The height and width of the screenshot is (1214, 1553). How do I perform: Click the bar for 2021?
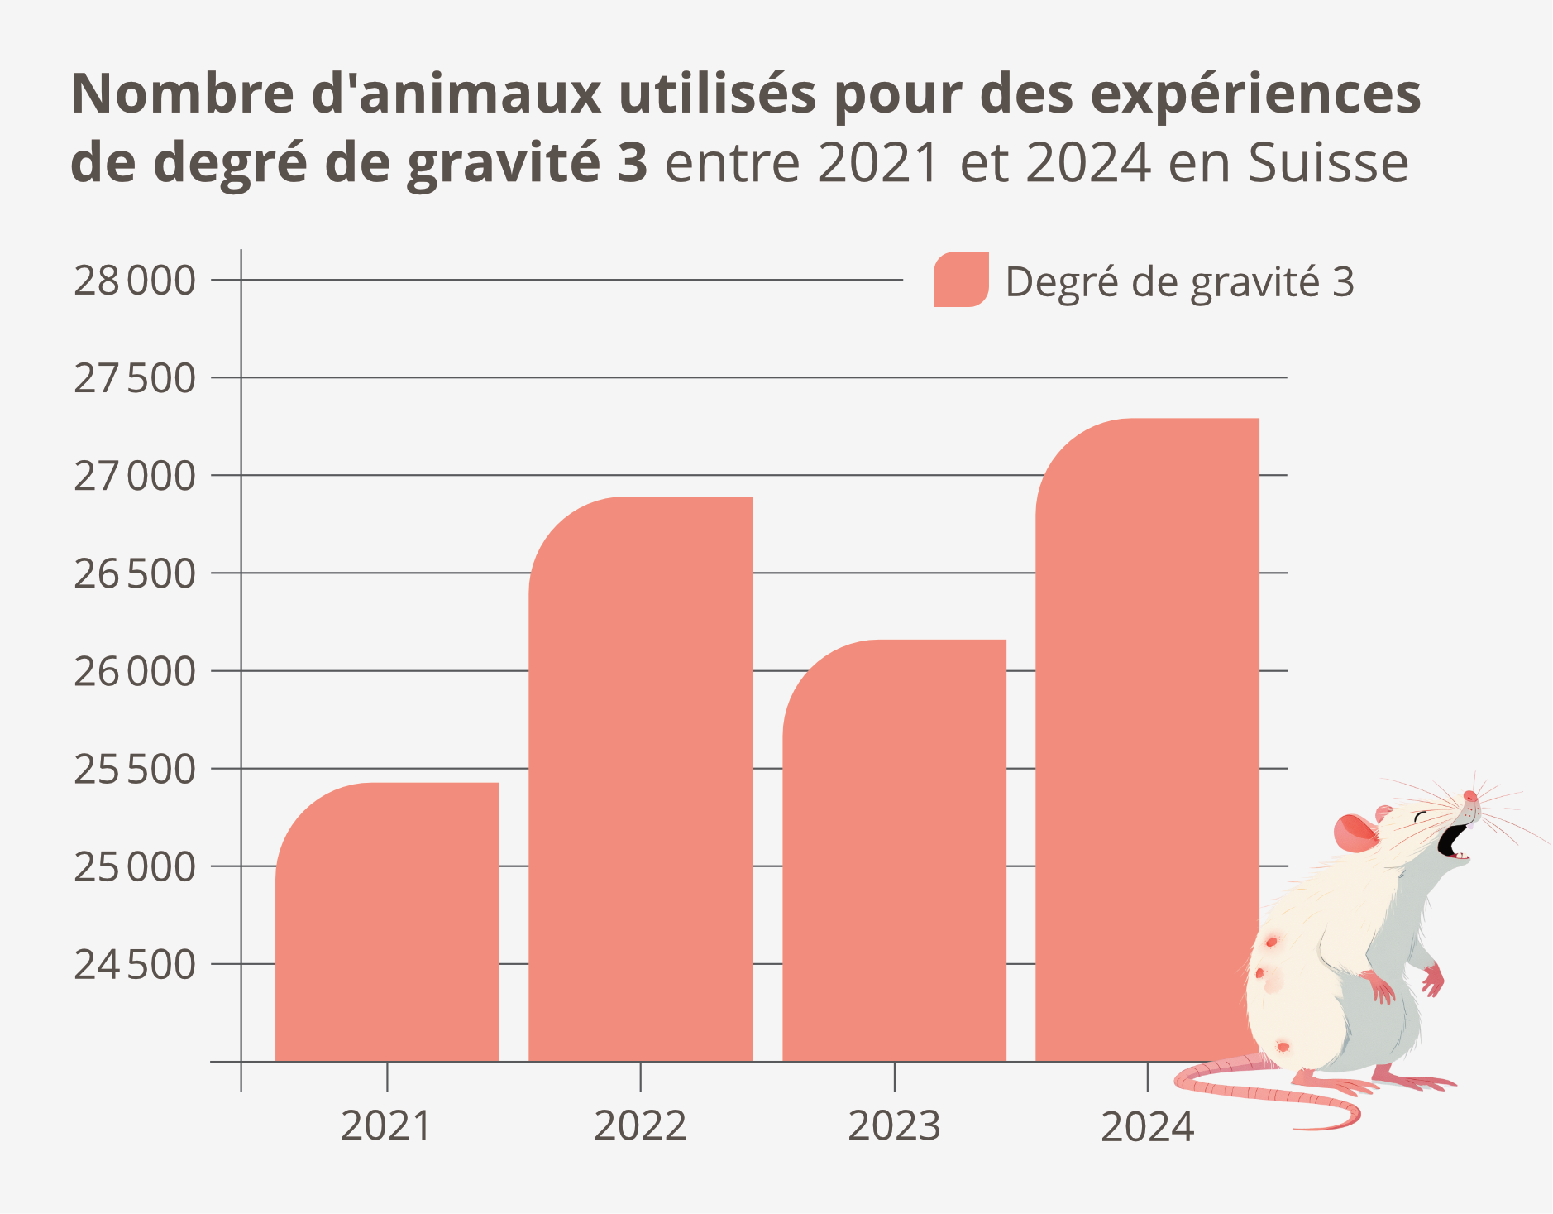point(387,922)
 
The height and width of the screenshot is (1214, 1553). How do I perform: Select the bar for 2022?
point(641,779)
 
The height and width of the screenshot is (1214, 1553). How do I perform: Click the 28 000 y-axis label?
point(135,281)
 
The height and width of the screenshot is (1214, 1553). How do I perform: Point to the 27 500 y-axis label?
point(135,378)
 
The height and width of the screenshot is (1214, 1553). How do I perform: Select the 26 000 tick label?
point(135,672)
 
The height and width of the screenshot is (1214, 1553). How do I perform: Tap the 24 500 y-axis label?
point(135,965)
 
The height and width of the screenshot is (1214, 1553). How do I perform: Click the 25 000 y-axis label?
point(135,867)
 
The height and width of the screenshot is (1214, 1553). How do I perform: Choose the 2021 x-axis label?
point(386,1126)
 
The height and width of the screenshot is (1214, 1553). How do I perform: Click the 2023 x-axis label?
point(894,1126)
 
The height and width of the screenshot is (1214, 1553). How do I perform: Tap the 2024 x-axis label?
point(1147,1126)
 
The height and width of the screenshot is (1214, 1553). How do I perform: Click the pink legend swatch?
point(961,280)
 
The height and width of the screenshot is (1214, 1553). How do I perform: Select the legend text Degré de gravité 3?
point(1179,282)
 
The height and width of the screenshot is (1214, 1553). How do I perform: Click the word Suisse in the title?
point(1328,163)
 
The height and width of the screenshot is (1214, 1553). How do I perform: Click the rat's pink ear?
point(1355,834)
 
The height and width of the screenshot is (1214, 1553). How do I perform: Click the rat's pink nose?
point(1469,796)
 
